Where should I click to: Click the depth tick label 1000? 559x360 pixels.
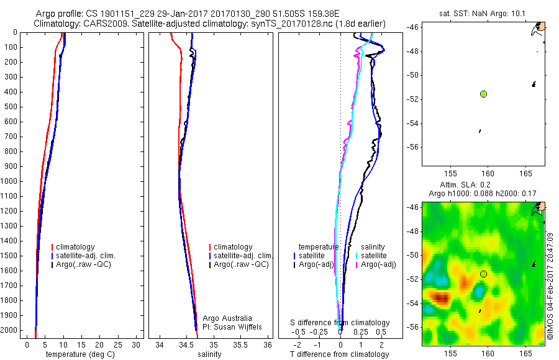tap(9, 181)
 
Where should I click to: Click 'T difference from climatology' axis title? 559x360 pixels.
tap(339, 354)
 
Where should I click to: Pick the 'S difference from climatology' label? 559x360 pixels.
tap(340, 323)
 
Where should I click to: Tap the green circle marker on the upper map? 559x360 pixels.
tap(483, 94)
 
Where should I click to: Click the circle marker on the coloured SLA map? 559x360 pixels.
tap(483, 274)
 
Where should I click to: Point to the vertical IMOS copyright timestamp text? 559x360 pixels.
tap(550, 286)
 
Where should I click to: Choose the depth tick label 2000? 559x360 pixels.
tap(9, 330)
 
